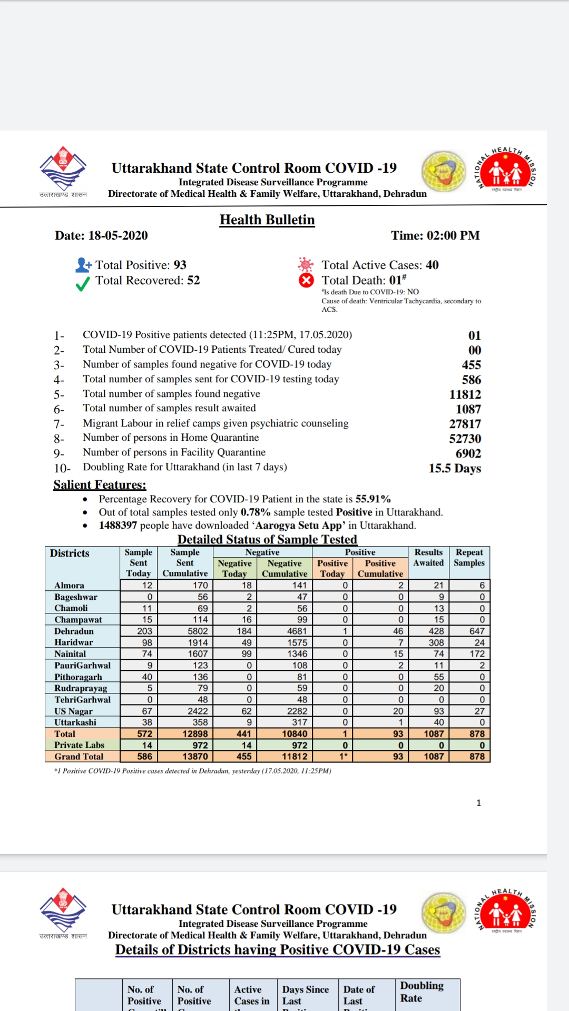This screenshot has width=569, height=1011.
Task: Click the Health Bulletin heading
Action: (x=267, y=220)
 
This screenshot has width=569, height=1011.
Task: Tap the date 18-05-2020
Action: (x=117, y=235)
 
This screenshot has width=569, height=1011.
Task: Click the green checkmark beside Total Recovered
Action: (x=83, y=284)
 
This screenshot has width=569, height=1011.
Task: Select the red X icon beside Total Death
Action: (x=306, y=280)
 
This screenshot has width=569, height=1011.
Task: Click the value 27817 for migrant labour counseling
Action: (x=465, y=424)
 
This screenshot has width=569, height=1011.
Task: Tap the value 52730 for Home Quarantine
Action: (x=465, y=439)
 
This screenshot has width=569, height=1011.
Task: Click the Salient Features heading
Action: (x=100, y=484)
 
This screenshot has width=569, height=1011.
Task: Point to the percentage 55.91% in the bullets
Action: (x=373, y=499)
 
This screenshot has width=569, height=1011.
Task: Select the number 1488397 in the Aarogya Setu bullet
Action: (x=118, y=525)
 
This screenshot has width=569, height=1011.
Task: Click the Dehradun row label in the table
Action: (x=74, y=631)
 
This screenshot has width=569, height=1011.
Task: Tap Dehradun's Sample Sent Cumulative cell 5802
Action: (x=198, y=631)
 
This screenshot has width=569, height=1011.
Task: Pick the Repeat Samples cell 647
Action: (x=477, y=631)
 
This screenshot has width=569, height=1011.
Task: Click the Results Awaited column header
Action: (x=428, y=558)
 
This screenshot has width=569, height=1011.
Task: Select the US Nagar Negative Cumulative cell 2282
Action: (x=297, y=711)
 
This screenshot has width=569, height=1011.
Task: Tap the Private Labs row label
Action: (x=79, y=745)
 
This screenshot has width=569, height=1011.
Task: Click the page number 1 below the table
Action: (x=478, y=802)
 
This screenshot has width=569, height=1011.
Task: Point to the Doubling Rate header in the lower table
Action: (x=421, y=992)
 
